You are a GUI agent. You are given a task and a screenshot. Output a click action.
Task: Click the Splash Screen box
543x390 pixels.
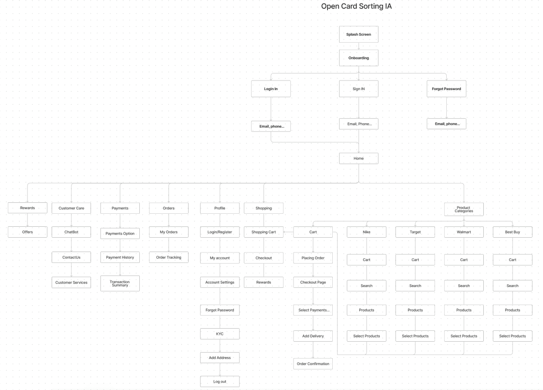pyautogui.click(x=358, y=34)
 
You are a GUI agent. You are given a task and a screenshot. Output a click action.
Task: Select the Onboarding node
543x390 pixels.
pyautogui.click(x=358, y=58)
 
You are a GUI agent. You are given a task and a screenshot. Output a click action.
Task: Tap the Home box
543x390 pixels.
pyautogui.click(x=358, y=158)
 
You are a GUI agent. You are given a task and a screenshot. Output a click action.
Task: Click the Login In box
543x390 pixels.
pyautogui.click(x=271, y=89)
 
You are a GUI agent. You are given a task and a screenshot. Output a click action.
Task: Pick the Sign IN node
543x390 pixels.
pyautogui.click(x=358, y=89)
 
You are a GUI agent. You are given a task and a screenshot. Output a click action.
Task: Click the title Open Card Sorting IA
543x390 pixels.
pyautogui.click(x=356, y=6)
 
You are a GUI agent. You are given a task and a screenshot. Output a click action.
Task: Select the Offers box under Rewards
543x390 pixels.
pyautogui.click(x=27, y=232)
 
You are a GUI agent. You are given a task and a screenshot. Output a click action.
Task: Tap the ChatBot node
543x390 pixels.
pyautogui.click(x=71, y=232)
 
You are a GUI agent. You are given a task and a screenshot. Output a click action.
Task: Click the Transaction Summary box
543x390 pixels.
pyautogui.click(x=120, y=283)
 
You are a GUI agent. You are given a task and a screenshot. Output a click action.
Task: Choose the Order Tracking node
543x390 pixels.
pyautogui.click(x=169, y=257)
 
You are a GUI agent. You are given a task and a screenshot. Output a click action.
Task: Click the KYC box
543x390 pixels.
pyautogui.click(x=220, y=334)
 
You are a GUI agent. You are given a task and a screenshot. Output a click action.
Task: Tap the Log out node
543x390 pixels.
pyautogui.click(x=220, y=382)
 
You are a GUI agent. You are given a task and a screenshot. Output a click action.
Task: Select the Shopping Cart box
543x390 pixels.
pyautogui.click(x=263, y=232)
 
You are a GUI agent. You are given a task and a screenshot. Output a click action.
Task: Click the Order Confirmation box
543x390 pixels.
pyautogui.click(x=313, y=364)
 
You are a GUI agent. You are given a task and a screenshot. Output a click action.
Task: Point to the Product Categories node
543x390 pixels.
pyautogui.click(x=464, y=209)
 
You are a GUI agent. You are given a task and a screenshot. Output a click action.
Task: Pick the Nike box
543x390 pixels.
pyautogui.click(x=367, y=232)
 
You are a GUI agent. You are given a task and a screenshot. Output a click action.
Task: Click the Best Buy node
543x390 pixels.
pyautogui.click(x=513, y=232)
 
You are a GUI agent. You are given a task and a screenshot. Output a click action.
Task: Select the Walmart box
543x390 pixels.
pyautogui.click(x=464, y=232)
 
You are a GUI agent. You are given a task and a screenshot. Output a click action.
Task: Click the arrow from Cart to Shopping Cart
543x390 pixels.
pyautogui.click(x=288, y=232)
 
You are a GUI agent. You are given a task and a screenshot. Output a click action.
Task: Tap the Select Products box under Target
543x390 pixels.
pyautogui.click(x=415, y=336)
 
